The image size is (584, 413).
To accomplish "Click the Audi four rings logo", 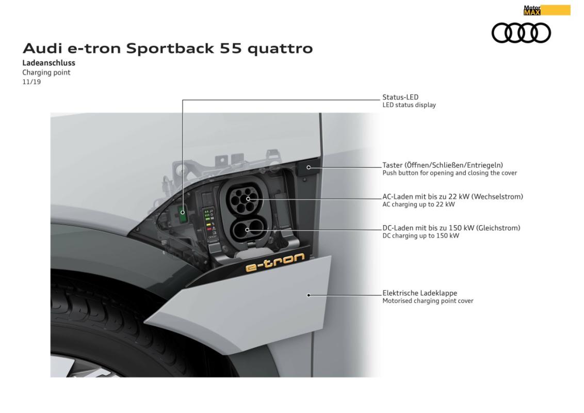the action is point(521,33).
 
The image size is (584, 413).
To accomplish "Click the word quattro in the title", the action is point(280,49).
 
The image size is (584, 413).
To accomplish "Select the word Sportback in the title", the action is point(170,49).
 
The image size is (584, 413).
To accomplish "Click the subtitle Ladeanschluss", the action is point(49,63).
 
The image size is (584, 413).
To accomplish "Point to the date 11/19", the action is point(31,82).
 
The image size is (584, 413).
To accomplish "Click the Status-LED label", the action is point(400,97).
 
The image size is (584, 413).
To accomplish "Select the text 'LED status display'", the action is point(409,105).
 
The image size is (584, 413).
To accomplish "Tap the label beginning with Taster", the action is point(443,165).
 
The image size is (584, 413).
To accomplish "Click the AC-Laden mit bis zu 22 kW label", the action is point(453,197).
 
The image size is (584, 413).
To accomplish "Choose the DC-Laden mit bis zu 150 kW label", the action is point(451,228).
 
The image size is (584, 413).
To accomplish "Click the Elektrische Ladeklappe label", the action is point(420,293).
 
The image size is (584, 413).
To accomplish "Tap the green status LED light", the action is point(183,213).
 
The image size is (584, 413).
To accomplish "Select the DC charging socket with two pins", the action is point(247,230).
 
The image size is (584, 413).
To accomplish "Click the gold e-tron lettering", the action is point(275,262).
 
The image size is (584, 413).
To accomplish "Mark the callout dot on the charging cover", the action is point(309,295).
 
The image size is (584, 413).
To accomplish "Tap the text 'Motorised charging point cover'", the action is point(428,301).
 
